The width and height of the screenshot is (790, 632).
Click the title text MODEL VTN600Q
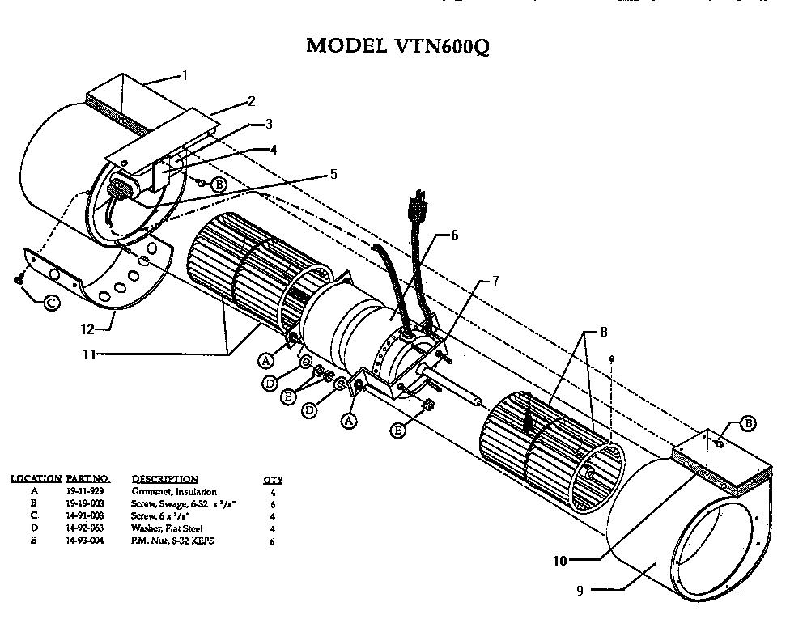(397, 45)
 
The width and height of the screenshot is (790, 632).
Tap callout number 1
(185, 76)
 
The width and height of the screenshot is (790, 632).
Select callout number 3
(270, 124)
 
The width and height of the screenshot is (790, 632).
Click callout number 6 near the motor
(454, 235)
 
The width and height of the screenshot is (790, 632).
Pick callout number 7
(495, 281)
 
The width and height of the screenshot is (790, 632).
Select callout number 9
(580, 590)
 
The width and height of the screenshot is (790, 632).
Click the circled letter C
(50, 303)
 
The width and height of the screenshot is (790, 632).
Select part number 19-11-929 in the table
(84, 492)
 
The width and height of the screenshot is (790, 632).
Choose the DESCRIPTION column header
(164, 479)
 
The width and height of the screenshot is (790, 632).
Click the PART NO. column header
(87, 479)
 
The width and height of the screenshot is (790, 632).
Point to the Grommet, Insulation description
(174, 492)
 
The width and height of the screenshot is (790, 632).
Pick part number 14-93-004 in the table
(84, 540)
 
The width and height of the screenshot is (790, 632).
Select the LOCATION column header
(36, 479)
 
